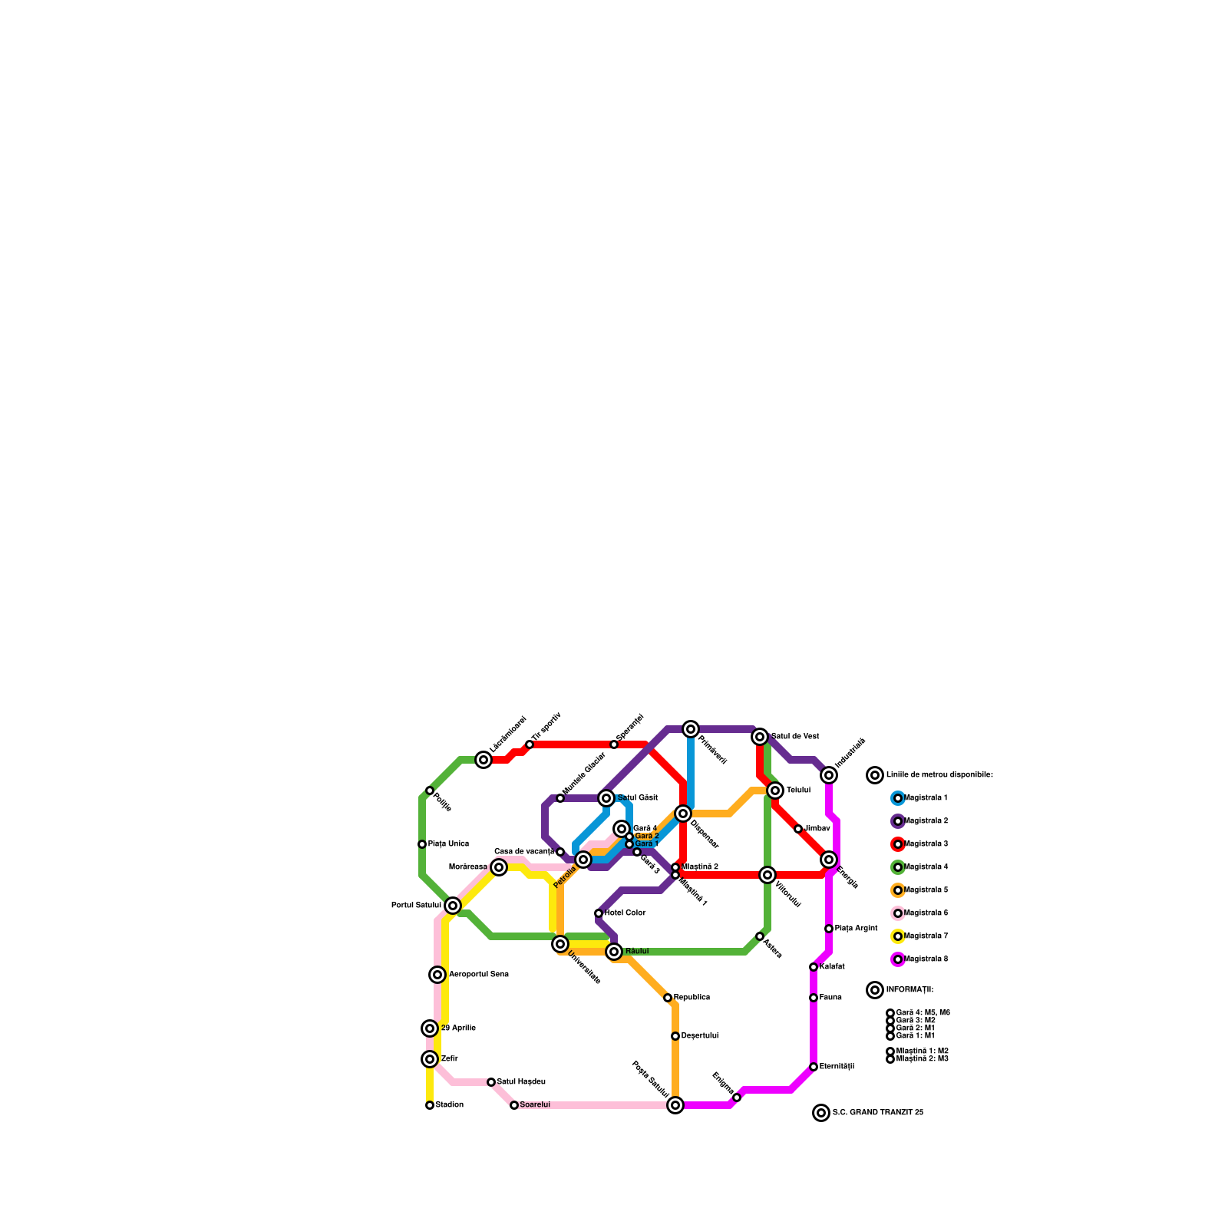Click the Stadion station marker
(x=430, y=1105)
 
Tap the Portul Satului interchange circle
(x=453, y=906)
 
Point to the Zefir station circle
(x=430, y=1059)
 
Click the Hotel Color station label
(x=625, y=913)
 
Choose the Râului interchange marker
(x=614, y=952)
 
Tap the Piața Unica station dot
(x=422, y=844)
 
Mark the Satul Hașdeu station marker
(x=491, y=1082)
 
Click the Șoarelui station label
(x=535, y=1105)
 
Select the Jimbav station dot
(x=798, y=829)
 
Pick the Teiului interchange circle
(x=775, y=791)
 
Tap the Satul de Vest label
(x=795, y=737)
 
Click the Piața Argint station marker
(x=829, y=929)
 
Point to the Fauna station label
(x=830, y=998)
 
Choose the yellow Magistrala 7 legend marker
(x=898, y=936)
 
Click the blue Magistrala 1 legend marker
(x=898, y=798)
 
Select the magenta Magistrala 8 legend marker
(x=898, y=959)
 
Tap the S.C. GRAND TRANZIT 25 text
(x=877, y=1113)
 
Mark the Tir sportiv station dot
(x=530, y=744)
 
